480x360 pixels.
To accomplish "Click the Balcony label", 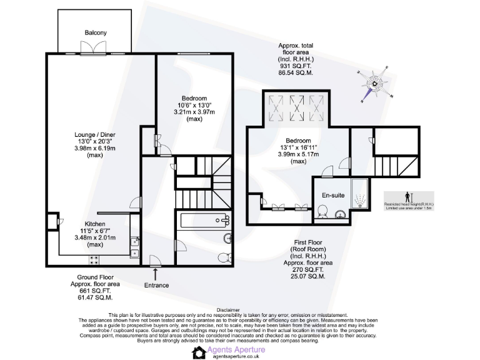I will [96, 32].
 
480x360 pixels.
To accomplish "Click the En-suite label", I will [333, 195].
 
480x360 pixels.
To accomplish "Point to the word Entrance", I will [156, 285].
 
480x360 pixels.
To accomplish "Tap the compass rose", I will [376, 84].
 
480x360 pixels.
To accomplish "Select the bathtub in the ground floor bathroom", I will [202, 219].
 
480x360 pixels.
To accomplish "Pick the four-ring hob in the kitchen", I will [96, 259].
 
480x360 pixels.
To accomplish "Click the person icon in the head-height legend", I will [407, 196].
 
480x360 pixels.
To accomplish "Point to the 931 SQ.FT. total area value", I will [295, 66].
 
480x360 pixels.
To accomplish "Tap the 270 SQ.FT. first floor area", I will [307, 270].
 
